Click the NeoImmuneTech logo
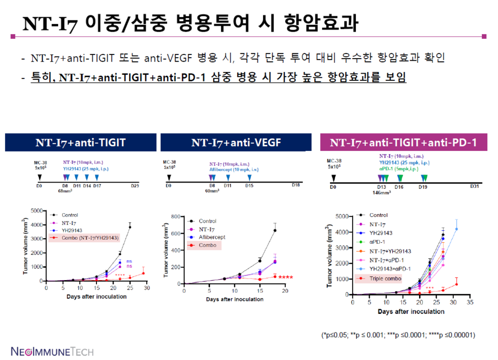(x=52, y=351)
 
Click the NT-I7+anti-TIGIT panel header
(x=80, y=142)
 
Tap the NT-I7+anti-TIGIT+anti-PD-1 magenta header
(x=403, y=142)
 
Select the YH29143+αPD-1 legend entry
(x=390, y=269)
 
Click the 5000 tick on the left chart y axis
(x=35, y=211)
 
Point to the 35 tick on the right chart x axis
(x=470, y=302)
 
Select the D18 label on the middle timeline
(x=296, y=185)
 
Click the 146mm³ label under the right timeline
(x=381, y=192)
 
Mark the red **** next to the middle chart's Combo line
(x=286, y=277)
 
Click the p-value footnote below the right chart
(x=398, y=335)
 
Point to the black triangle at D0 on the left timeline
(x=38, y=178)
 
